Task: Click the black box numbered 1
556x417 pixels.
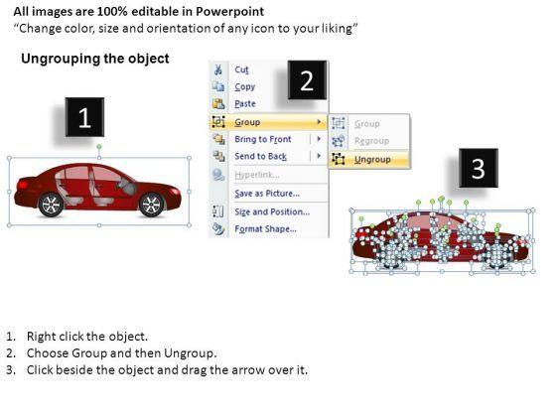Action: (x=84, y=117)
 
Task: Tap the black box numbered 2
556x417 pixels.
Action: (x=307, y=80)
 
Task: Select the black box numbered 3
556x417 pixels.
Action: (x=479, y=168)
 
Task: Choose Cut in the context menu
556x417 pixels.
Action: (x=241, y=69)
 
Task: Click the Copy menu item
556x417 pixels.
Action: (x=244, y=87)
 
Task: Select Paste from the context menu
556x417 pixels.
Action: (x=245, y=103)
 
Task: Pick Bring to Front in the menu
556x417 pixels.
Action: (x=263, y=139)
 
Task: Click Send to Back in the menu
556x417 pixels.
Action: (x=260, y=156)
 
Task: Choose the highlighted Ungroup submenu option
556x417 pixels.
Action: (x=372, y=159)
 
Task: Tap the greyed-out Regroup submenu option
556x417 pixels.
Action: (x=371, y=141)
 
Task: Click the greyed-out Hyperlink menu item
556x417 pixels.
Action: (x=257, y=175)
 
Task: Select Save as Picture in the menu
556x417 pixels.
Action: (x=267, y=194)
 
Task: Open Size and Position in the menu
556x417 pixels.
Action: (x=272, y=211)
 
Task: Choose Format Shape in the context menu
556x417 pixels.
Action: (x=265, y=228)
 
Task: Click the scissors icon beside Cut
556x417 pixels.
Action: (x=218, y=69)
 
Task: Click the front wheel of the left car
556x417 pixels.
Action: (x=152, y=205)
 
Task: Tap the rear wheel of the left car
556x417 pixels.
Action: (x=51, y=205)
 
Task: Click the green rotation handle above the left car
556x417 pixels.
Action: (x=99, y=147)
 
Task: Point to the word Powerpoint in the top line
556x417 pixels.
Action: (x=229, y=12)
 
